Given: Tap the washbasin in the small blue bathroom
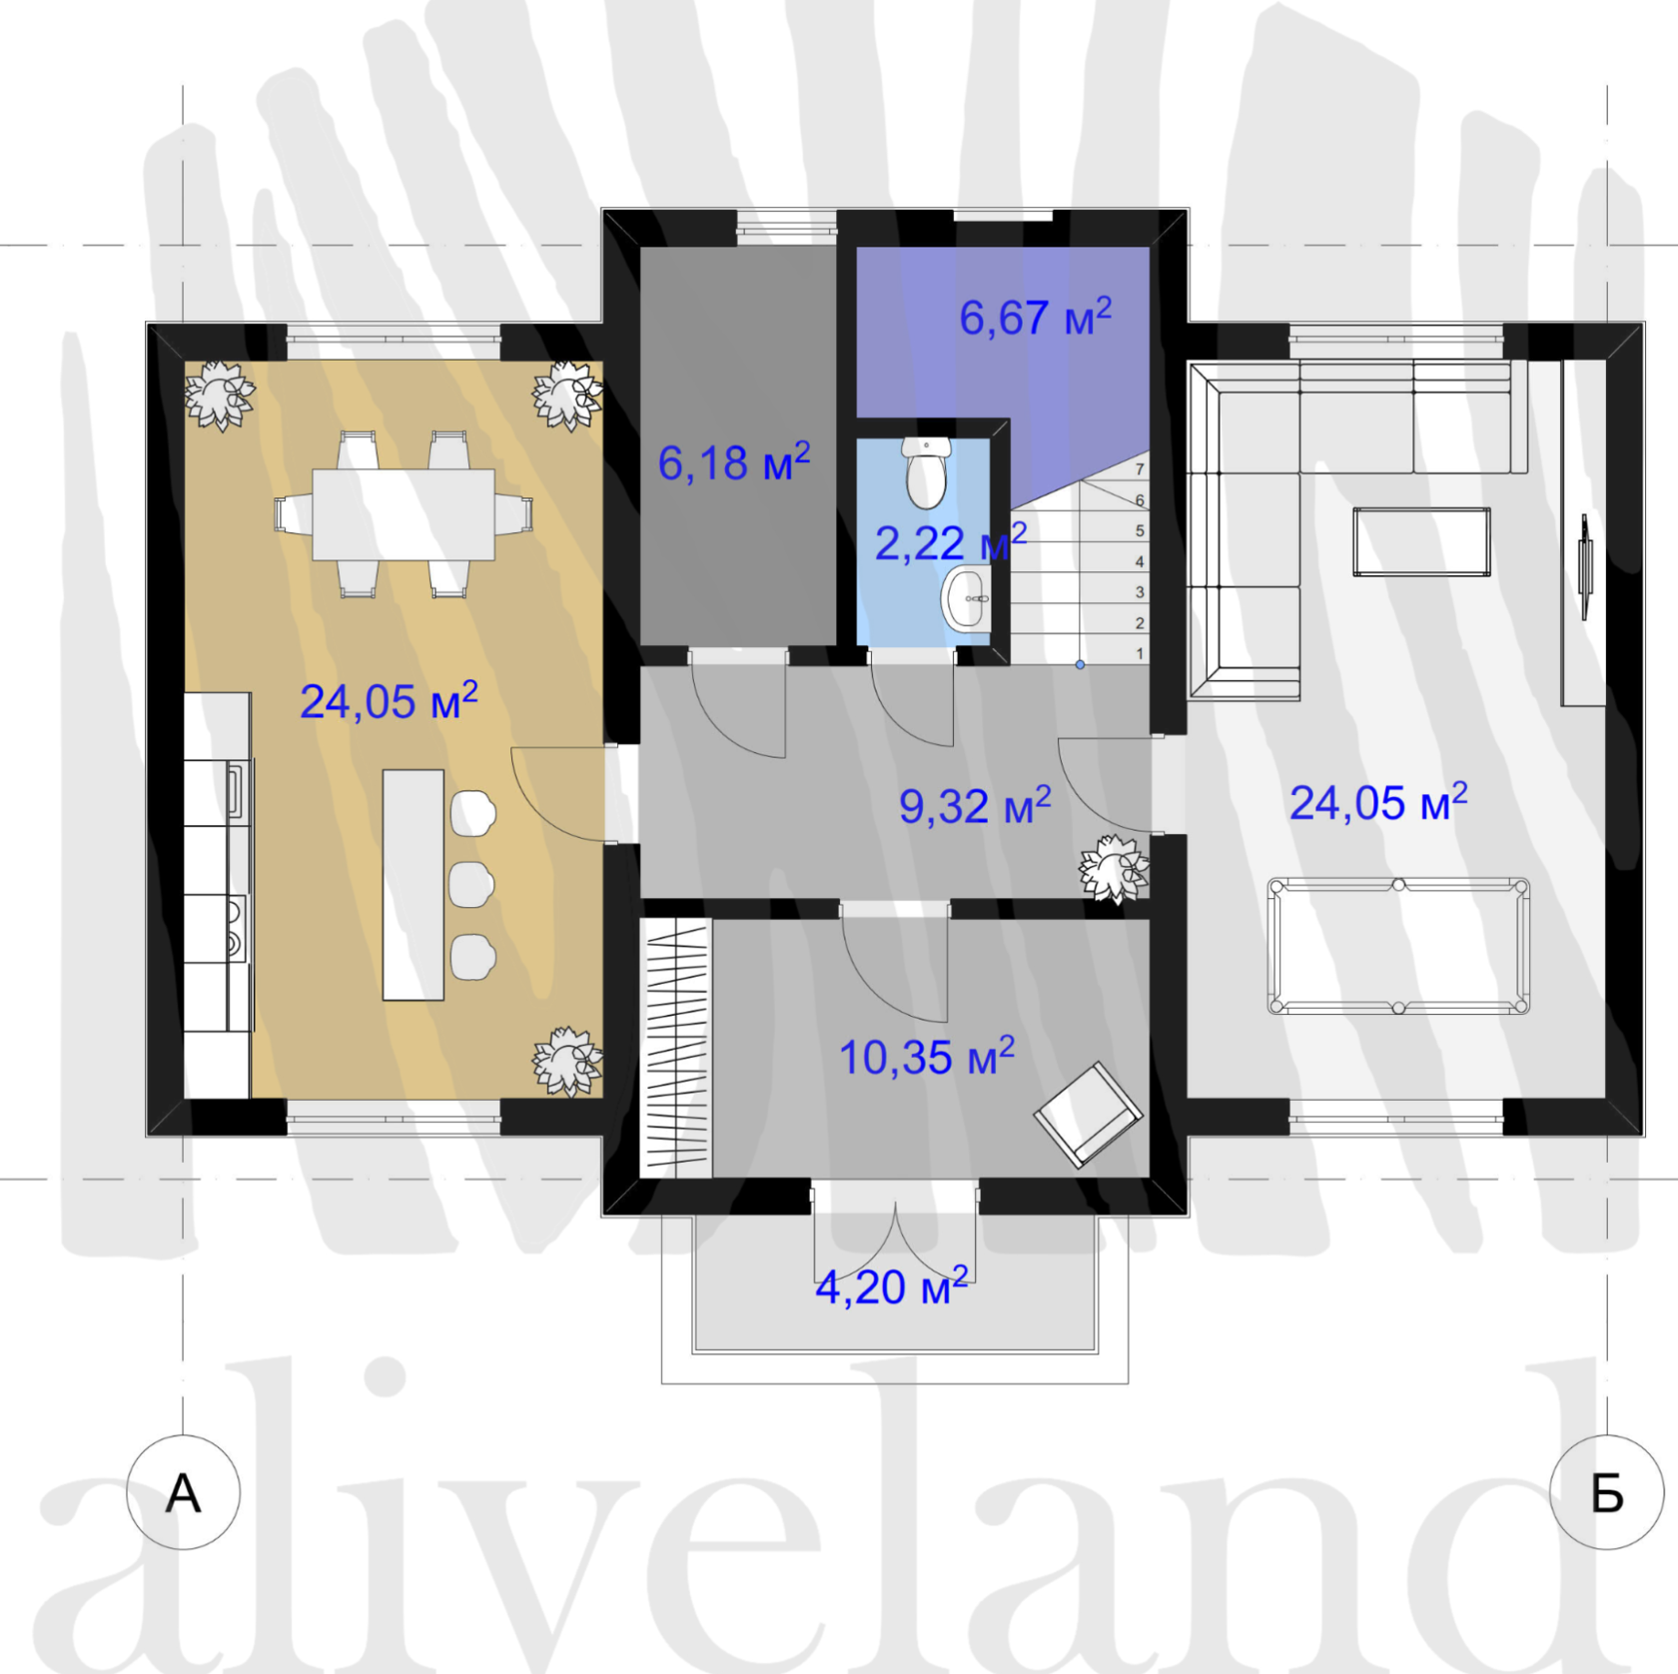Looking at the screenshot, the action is pos(967,597).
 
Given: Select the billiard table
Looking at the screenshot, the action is pos(1398,946).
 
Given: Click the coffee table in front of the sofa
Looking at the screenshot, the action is pos(1421,541).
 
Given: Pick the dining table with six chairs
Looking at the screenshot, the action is pos(404,514).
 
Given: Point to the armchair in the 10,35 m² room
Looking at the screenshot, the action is pos(1088,1114).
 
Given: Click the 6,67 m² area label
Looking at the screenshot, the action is pos(1036,317).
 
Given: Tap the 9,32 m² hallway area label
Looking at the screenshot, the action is pos(975,805).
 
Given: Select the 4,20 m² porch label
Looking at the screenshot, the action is pos(892,1286).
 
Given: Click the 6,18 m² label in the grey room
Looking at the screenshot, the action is pos(734,462).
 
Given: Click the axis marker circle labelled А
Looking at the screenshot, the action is pos(184,1492).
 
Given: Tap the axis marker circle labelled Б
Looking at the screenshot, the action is pos(1607,1492).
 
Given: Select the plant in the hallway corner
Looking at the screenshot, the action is pos(1114,869).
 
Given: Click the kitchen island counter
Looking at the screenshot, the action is pos(414,884).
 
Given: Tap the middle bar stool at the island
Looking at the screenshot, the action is pos(471,884).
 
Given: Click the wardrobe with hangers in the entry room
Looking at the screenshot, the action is pos(676,1048).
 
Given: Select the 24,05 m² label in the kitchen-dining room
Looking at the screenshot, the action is pos(389,701).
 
